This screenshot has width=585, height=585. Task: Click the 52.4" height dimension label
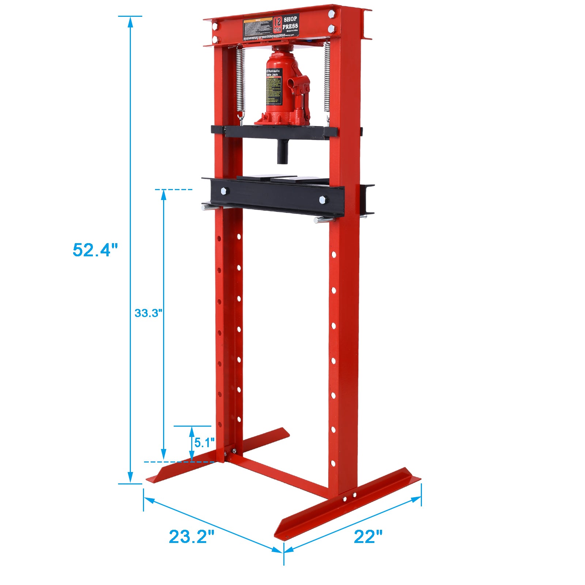pos(95,250)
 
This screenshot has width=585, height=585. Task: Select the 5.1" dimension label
pos(204,443)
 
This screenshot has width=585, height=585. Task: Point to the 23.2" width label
pos(191,536)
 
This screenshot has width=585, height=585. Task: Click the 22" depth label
pos(368,536)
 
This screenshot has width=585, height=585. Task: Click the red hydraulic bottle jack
pos(285,91)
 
